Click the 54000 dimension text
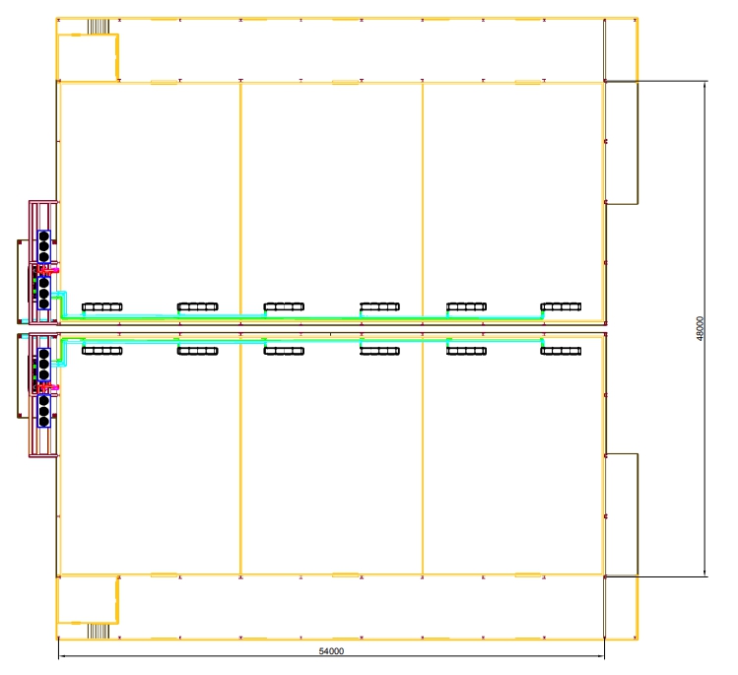(331, 651)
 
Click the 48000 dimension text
(701, 328)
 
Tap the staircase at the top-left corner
(99, 27)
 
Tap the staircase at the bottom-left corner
(99, 632)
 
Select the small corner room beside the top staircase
(87, 57)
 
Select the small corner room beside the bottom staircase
(87, 600)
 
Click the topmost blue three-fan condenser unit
(43, 246)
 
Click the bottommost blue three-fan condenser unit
(43, 411)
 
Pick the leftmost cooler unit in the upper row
(102, 307)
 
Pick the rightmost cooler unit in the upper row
(561, 306)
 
